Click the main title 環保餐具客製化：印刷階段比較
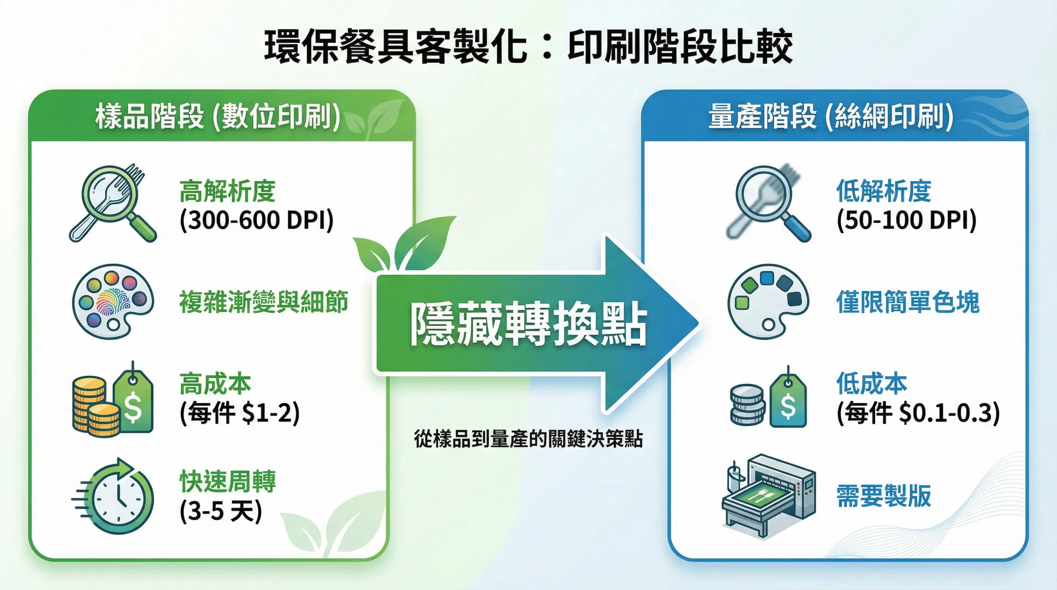[528, 46]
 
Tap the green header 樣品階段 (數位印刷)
[218, 117]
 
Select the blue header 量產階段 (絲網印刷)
[831, 117]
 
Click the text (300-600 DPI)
[257, 220]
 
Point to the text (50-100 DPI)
[906, 220]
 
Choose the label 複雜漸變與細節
[264, 302]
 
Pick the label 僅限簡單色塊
[908, 302]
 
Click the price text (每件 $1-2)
[239, 413]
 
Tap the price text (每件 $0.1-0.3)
[918, 413]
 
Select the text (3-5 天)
[221, 511]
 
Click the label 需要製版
[884, 496]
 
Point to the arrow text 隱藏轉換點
[528, 324]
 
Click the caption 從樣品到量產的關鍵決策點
[528, 439]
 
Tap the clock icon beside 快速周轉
[116, 497]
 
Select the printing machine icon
[769, 495]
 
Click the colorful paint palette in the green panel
[112, 301]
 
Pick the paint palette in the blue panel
[768, 301]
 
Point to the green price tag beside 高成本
[134, 400]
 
